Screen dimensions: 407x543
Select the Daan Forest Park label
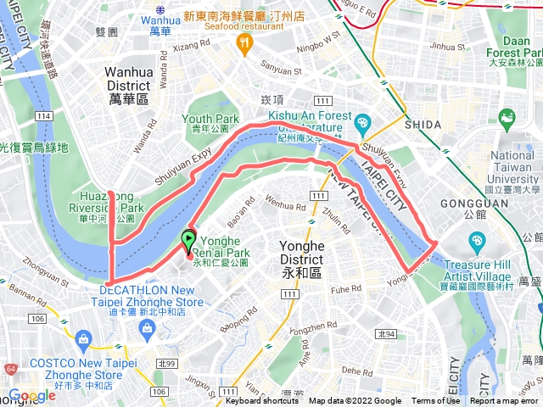[x=520, y=46]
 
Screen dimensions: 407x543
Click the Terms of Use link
[x=435, y=401]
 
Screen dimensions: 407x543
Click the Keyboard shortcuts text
[x=264, y=401]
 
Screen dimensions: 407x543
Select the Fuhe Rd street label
[x=345, y=288]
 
